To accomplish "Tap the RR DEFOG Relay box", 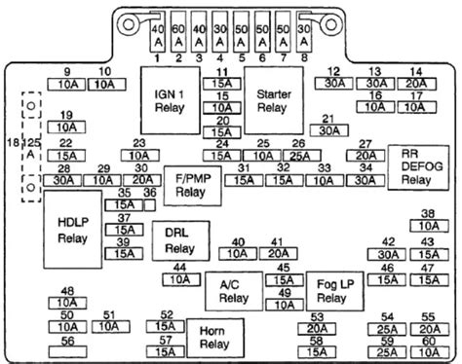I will (x=422, y=165).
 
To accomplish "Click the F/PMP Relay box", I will (x=183, y=186).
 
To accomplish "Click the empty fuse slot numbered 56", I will (x=66, y=342).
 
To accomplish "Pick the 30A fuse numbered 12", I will (x=334, y=85).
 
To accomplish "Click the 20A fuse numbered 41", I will (x=278, y=254).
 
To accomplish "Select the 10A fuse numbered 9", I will (x=66, y=85).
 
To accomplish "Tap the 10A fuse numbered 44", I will (x=179, y=279).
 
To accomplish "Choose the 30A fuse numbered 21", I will (x=329, y=130).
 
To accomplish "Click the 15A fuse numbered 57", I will (x=168, y=352).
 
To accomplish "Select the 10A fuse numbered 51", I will (x=109, y=327).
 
